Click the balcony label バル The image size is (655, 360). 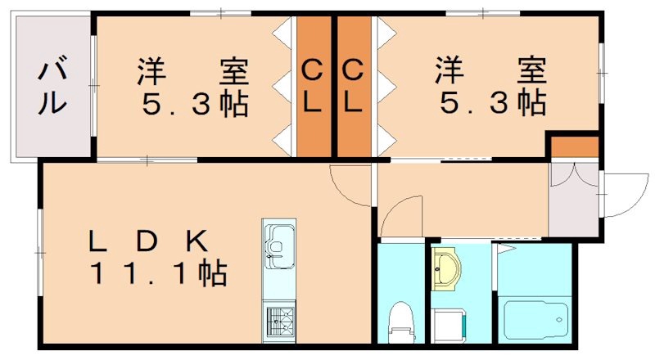click(x=51, y=86)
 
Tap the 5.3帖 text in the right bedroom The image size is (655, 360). click(x=492, y=104)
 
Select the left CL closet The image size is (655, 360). click(x=312, y=87)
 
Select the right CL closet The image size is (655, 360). click(x=352, y=87)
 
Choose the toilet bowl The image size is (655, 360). click(x=401, y=320)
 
